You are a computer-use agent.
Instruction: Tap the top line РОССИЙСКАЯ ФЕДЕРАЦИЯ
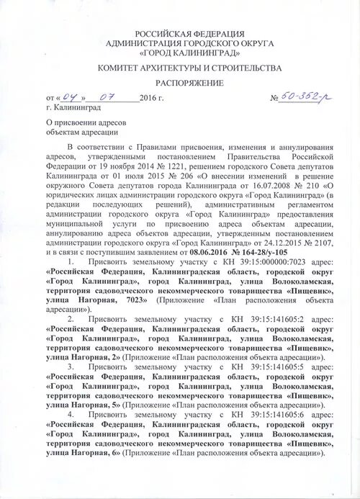[190, 34]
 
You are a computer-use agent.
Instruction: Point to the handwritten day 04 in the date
[71, 96]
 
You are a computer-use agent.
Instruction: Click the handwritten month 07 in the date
[107, 96]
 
